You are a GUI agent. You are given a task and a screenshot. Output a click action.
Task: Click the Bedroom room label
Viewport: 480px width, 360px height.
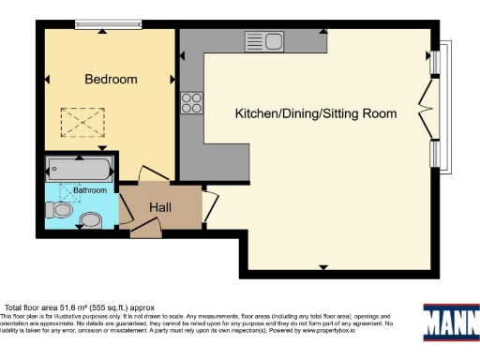[111, 80]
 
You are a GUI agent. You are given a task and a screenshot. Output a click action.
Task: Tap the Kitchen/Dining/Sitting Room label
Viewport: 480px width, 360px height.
[315, 113]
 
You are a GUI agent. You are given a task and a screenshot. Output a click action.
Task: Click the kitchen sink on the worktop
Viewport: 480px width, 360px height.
[265, 40]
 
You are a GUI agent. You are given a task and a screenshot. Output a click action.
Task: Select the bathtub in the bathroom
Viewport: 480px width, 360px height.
[79, 169]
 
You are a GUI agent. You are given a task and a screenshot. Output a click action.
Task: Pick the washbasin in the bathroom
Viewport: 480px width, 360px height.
[90, 221]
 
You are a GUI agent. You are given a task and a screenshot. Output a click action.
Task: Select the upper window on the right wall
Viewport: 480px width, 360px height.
[436, 61]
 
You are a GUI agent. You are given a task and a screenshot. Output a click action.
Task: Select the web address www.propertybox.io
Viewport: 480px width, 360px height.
[350, 330]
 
